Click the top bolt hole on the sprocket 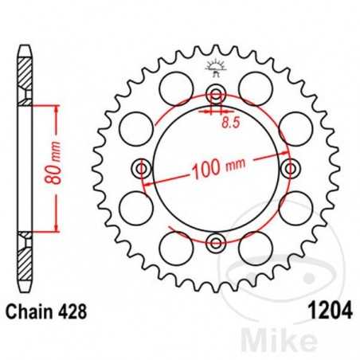point(216,95)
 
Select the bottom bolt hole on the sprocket point(216,242)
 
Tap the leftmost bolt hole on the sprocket point(143,169)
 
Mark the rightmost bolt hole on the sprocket point(290,169)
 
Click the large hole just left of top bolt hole point(178,85)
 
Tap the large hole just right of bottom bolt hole point(254,244)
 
